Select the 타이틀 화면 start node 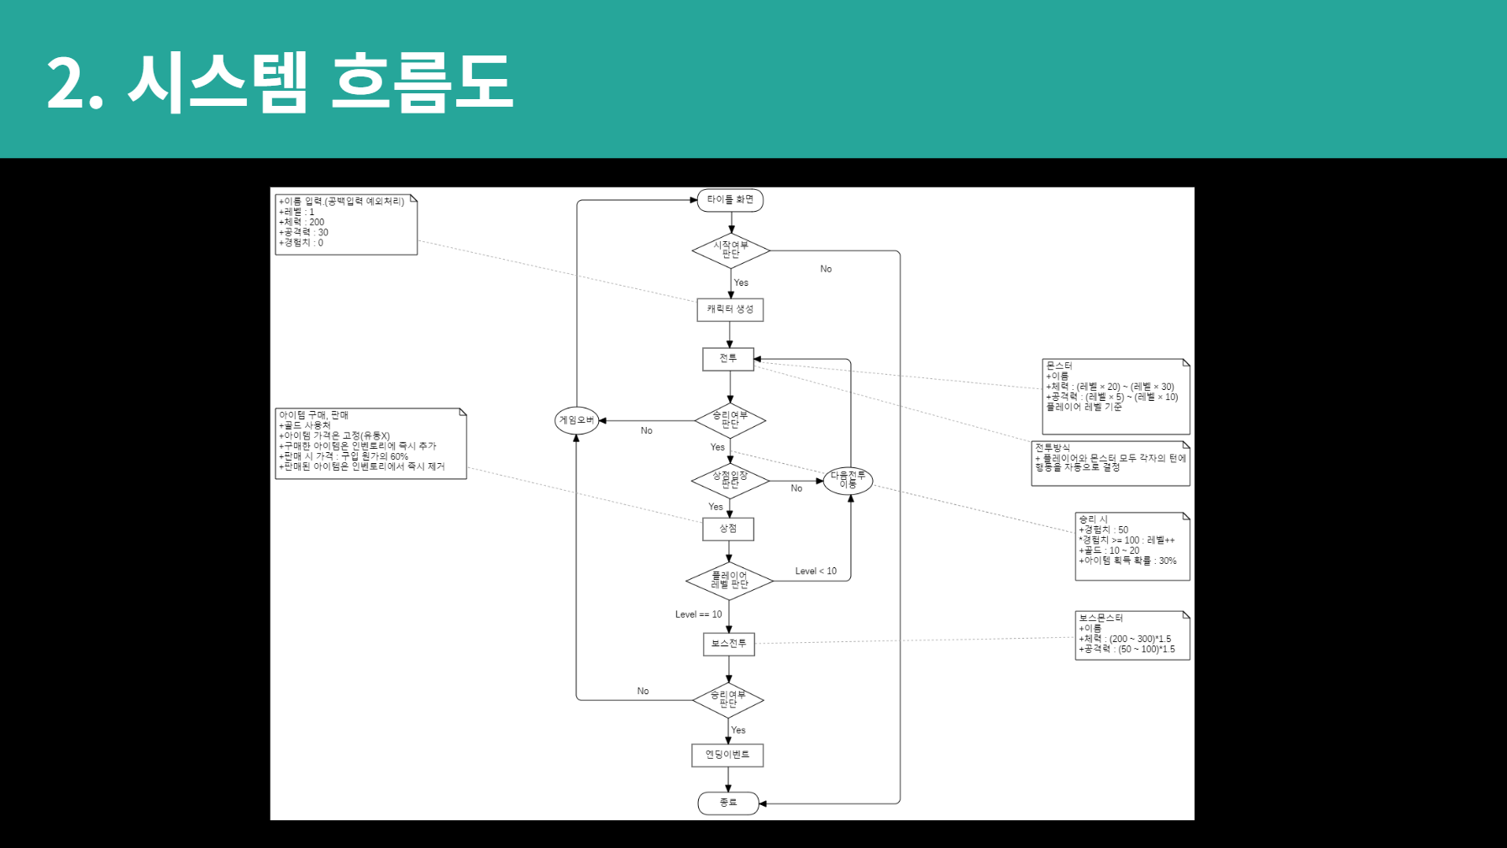tap(730, 200)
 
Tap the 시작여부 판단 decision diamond tap(730, 250)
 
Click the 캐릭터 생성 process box tap(730, 309)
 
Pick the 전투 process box tap(728, 359)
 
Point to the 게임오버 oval tap(577, 420)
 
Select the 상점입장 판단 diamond tap(730, 481)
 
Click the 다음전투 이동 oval tap(848, 481)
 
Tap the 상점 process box tap(728, 529)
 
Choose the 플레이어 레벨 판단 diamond tap(729, 581)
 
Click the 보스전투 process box tap(728, 644)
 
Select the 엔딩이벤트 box tap(727, 755)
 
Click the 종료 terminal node tap(728, 803)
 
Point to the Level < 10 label tap(816, 571)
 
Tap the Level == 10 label tap(698, 614)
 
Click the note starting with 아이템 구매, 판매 tap(370, 444)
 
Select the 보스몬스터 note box tap(1132, 635)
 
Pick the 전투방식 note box tap(1111, 463)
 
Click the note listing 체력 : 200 tap(346, 224)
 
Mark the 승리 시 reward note tap(1132, 546)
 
